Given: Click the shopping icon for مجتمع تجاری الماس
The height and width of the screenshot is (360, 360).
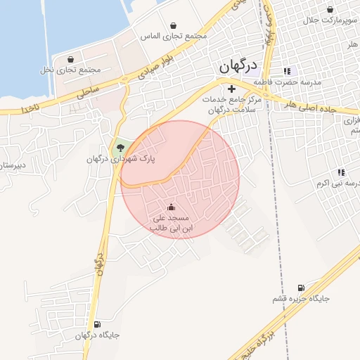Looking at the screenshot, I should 173,25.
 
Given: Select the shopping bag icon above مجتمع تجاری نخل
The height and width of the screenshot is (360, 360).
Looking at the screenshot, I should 70,59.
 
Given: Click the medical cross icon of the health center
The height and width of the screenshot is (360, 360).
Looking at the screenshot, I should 231,89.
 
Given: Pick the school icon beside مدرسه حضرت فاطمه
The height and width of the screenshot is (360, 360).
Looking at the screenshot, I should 286,71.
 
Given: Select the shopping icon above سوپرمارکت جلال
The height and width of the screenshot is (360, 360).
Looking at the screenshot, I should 330,10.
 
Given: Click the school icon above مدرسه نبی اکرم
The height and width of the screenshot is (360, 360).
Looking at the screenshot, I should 341,172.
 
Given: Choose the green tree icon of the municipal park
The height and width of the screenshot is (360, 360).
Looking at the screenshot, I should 120,148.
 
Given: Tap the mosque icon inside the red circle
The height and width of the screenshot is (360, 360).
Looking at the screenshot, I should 171,207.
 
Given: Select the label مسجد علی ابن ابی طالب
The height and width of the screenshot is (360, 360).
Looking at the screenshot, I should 171,224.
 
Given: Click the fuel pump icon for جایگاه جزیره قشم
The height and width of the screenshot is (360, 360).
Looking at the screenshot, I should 302,288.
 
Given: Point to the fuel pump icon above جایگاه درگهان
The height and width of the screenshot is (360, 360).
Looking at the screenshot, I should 97,324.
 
